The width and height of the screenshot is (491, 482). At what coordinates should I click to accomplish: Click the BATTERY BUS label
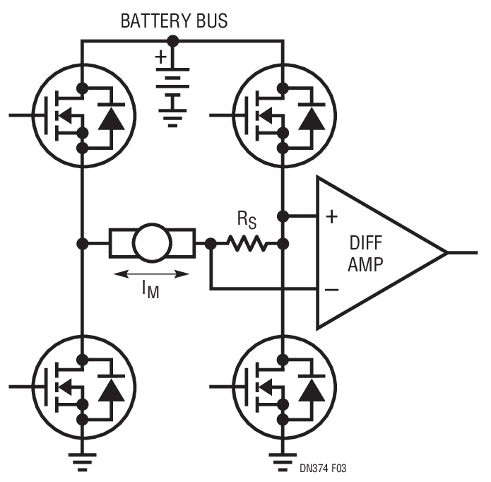pyautogui.click(x=174, y=20)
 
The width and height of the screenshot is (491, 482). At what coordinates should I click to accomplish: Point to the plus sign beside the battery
pyautogui.click(x=162, y=56)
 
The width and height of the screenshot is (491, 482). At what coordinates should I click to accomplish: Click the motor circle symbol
pyautogui.click(x=152, y=244)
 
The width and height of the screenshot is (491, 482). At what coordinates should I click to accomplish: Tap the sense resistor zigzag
pyautogui.click(x=247, y=244)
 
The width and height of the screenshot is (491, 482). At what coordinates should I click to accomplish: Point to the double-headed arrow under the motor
pyautogui.click(x=152, y=274)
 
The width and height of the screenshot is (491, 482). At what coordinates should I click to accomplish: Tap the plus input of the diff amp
pyautogui.click(x=331, y=217)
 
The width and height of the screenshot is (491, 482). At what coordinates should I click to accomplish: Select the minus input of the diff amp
pyautogui.click(x=331, y=289)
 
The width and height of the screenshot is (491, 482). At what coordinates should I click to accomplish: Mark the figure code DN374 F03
pyautogui.click(x=322, y=469)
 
